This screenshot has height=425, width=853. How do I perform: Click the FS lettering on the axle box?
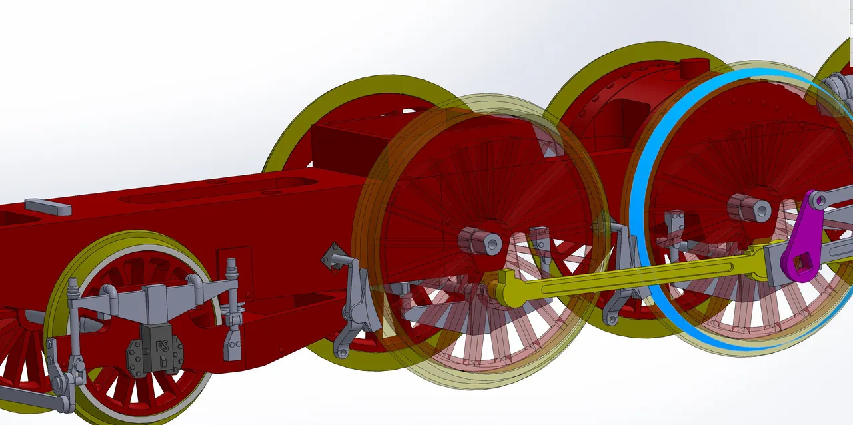(x=162, y=346)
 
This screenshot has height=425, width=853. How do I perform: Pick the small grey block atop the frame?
(x=48, y=206)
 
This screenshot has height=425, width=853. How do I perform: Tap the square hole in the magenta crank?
(x=802, y=263)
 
